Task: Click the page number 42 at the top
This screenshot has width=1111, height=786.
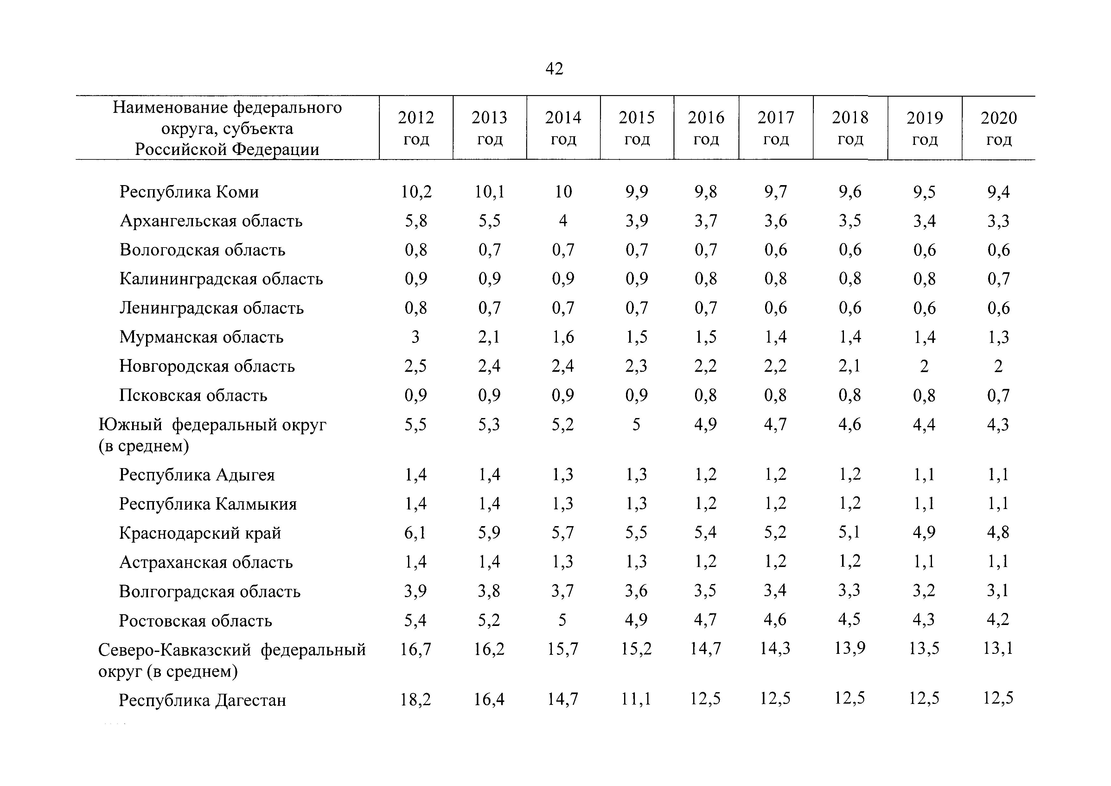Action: click(554, 69)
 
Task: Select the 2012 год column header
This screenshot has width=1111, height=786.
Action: click(416, 128)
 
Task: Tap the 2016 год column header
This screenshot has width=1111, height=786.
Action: click(706, 128)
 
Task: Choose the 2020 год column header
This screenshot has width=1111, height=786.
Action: click(999, 129)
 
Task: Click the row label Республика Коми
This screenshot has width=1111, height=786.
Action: click(189, 192)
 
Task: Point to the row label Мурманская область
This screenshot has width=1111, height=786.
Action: click(201, 337)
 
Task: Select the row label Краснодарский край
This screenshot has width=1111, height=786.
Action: click(200, 533)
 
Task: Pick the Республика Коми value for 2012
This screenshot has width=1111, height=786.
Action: click(416, 192)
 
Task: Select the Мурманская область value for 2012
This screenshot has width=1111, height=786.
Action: click(416, 337)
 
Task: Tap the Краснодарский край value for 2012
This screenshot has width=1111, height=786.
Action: click(416, 533)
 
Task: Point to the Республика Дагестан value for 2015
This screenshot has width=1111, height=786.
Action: click(636, 699)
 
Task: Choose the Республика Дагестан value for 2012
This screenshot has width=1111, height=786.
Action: click(416, 699)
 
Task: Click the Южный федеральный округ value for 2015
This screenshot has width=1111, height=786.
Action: click(636, 424)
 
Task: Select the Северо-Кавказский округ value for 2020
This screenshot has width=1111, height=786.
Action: click(998, 648)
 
